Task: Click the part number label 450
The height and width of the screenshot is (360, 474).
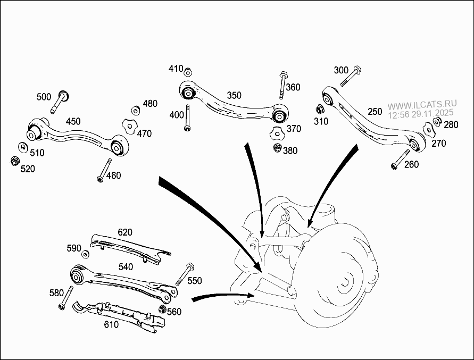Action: (x=73, y=121)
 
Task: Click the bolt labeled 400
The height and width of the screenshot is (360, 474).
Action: (x=187, y=119)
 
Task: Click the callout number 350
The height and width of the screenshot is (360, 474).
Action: (x=234, y=95)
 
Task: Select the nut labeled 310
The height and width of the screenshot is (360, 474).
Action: (x=320, y=110)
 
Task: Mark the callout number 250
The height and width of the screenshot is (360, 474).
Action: (x=375, y=111)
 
